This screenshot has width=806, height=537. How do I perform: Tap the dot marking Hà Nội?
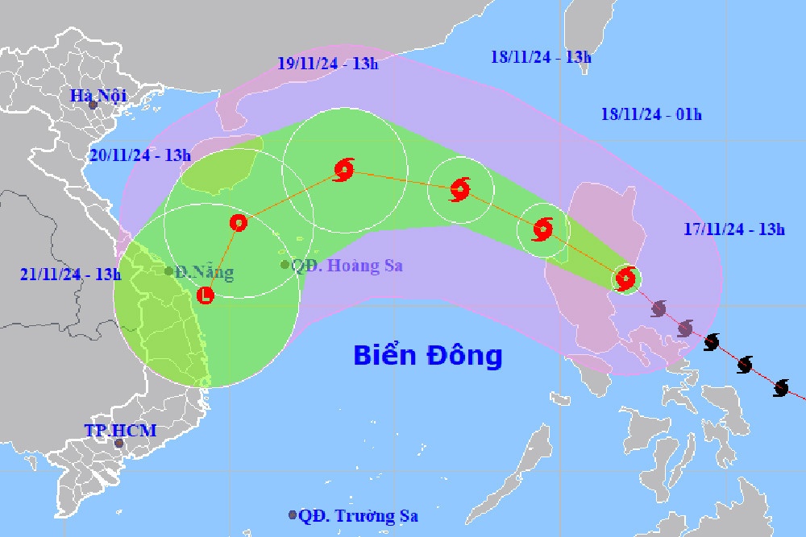(93, 105)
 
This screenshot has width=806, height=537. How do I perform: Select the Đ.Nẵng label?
(205, 272)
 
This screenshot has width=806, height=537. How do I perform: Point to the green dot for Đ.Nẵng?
(168, 271)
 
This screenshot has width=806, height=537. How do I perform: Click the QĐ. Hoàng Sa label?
(347, 265)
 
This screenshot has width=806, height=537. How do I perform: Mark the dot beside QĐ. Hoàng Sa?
(285, 265)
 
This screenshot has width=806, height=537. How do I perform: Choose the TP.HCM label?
(121, 431)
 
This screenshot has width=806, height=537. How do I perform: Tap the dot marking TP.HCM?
(119, 443)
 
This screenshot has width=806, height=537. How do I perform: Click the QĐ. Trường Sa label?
(358, 516)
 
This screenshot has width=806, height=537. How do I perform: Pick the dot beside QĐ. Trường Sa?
(292, 515)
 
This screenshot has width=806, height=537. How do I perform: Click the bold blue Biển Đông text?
(428, 354)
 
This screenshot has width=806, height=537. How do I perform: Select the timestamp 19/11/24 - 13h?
(327, 64)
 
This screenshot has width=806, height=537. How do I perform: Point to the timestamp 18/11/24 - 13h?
(541, 56)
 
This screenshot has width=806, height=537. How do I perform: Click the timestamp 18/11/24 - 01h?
(651, 114)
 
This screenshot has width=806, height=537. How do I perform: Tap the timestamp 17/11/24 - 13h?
(733, 229)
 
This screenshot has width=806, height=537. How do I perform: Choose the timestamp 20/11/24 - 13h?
(140, 155)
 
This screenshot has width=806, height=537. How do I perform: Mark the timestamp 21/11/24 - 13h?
(71, 274)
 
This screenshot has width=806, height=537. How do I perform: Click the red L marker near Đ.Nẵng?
(206, 295)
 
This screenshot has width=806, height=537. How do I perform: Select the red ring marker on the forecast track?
(238, 223)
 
